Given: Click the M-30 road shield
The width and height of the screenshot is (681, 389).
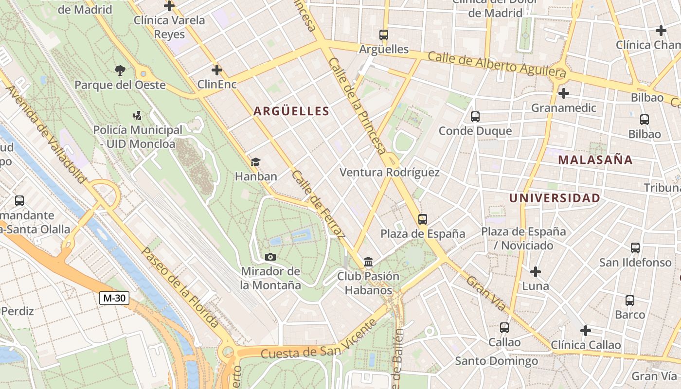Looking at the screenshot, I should (115, 298).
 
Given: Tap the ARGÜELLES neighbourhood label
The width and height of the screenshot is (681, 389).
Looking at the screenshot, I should (291, 111).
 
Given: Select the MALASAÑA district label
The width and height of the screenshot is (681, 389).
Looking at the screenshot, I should (595, 160).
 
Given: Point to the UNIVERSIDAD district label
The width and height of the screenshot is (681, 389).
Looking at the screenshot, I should (554, 198).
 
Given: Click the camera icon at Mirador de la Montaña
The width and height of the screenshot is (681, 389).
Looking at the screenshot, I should (270, 257).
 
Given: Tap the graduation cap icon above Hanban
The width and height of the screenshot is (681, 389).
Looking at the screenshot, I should (255, 162).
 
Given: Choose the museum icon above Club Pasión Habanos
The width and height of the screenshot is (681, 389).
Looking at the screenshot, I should (368, 262).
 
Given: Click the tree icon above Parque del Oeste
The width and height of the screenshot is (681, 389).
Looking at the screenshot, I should (120, 71).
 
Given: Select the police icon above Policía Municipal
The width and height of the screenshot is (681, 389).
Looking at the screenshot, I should (138, 116).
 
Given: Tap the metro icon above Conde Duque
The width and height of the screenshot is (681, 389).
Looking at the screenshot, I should (475, 117).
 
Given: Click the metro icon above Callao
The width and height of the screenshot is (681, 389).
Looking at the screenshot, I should (504, 328).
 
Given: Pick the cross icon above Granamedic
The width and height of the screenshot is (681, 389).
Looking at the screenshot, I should (563, 93).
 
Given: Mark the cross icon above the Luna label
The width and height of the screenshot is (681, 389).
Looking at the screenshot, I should (536, 271).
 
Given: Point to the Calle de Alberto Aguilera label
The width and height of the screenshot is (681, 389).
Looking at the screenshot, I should (497, 65).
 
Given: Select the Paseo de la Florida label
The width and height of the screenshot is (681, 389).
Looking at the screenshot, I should (180, 287).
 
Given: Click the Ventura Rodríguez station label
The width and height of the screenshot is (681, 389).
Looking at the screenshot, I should (389, 173).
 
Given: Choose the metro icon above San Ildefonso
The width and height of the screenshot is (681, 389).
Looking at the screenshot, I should (635, 248).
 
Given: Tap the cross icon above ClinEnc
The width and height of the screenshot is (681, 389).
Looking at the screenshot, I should (217, 70).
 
